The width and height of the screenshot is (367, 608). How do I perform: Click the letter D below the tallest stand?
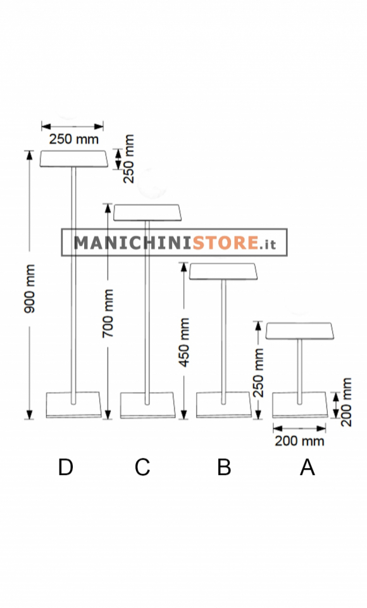66,467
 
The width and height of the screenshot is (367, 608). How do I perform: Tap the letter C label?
142,467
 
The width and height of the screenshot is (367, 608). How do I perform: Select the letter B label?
224,467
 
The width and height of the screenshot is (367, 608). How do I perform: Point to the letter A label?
308,467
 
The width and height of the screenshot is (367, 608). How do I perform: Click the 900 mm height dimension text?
30,289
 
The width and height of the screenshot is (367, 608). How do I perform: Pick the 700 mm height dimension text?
108,313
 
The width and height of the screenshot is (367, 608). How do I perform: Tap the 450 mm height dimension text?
184,343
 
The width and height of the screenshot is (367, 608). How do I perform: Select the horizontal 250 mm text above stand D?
74,139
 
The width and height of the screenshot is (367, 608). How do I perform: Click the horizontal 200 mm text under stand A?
299,441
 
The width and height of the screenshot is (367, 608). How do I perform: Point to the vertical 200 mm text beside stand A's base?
346,402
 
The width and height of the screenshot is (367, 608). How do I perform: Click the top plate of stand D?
73,159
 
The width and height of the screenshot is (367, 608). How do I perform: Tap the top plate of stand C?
147,213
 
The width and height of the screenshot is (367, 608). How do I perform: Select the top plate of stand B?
223,272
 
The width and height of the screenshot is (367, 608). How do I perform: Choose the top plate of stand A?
299,331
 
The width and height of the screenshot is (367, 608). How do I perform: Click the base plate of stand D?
73,405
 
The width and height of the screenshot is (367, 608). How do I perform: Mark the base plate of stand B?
223,405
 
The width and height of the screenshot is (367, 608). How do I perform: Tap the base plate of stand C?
147,405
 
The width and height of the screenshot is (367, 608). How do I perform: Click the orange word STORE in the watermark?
225,243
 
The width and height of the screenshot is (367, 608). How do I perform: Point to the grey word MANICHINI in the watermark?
133,243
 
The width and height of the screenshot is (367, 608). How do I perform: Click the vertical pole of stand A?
299,372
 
